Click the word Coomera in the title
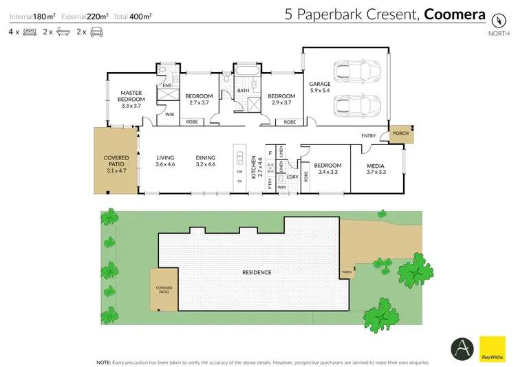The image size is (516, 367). [x=455, y=14]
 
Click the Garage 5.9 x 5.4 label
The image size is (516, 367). [x=321, y=87]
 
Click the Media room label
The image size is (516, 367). [x=376, y=169]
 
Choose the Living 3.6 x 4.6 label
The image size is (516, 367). [x=166, y=161]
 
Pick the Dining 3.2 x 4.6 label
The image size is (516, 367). [x=205, y=161]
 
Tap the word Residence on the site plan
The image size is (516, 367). [x=256, y=272]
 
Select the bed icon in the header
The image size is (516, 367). [x=30, y=32]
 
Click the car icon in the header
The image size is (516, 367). [x=96, y=32]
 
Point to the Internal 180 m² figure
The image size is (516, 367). [x=32, y=14]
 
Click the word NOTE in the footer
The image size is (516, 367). [x=104, y=362]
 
